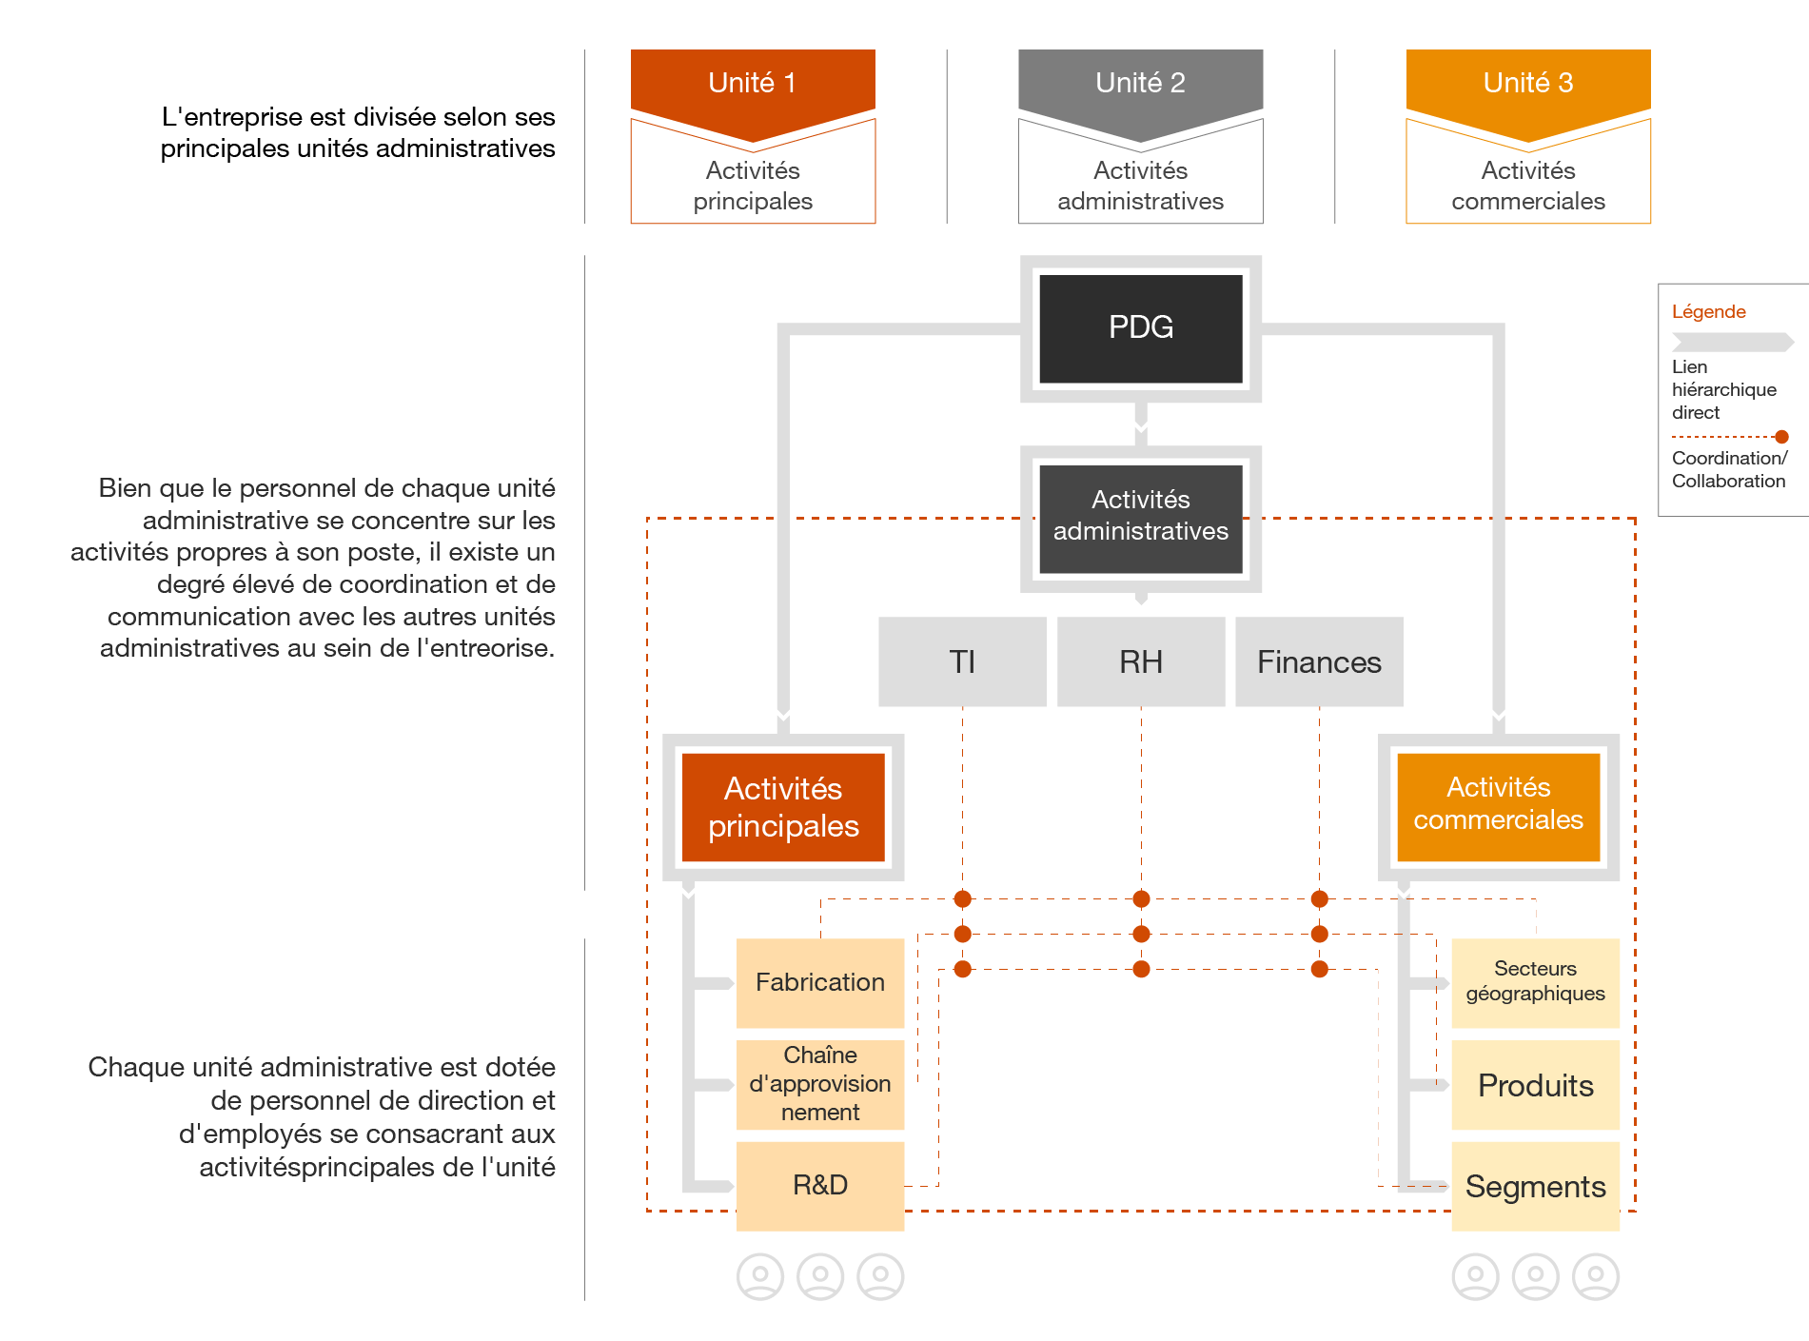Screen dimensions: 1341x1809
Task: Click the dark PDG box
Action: click(x=1140, y=328)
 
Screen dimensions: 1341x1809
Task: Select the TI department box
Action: click(x=962, y=661)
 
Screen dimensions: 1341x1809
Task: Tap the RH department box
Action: click(x=1140, y=661)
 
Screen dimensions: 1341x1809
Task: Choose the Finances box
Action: click(x=1319, y=661)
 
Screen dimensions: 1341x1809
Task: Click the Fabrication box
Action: click(x=819, y=982)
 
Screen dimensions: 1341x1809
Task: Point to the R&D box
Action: click(x=819, y=1185)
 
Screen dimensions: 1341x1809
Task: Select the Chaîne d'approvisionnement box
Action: click(x=819, y=1084)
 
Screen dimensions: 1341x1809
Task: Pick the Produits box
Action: click(x=1535, y=1085)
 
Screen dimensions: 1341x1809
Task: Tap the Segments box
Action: click(x=1535, y=1186)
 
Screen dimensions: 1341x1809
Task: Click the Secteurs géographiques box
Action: click(x=1535, y=982)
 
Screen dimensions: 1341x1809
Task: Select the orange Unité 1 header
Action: click(x=752, y=84)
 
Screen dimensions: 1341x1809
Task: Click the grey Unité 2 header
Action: click(x=1140, y=84)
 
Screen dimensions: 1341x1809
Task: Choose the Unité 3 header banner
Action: click(x=1527, y=84)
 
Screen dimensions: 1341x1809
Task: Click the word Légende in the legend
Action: click(x=1708, y=312)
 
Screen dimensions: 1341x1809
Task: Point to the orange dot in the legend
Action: click(x=1781, y=437)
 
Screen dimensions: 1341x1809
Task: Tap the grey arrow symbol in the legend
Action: click(x=1732, y=342)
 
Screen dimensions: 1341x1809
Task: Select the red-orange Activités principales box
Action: click(x=783, y=807)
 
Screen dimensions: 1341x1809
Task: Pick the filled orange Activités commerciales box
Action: click(x=1498, y=805)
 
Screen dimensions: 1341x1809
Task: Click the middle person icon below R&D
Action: click(x=820, y=1276)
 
